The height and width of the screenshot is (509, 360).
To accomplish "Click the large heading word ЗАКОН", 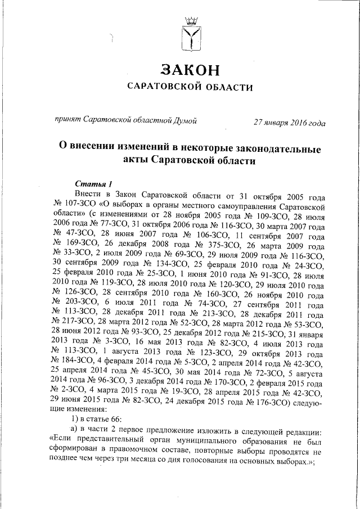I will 190,69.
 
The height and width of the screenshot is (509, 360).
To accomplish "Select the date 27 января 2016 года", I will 289,122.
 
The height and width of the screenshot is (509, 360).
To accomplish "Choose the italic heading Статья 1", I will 94,184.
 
